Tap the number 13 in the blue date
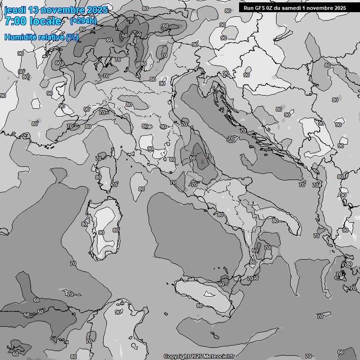point(35,10)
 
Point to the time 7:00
point(15,21)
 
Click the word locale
point(45,21)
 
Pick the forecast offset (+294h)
point(83,21)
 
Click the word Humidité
point(20,37)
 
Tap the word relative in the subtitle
point(50,37)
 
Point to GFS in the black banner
point(261,8)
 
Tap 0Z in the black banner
point(271,8)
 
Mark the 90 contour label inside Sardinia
point(101,232)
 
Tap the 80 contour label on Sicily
point(199,306)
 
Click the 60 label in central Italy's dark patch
point(193,158)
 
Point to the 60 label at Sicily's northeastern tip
point(221,284)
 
